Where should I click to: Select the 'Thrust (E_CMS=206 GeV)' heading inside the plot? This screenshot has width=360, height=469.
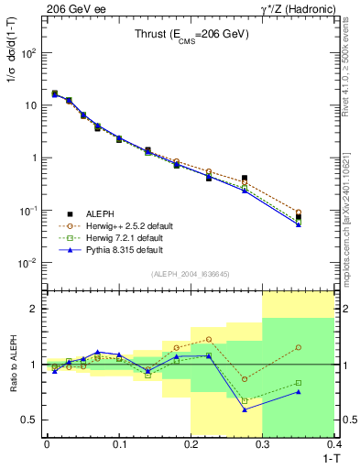pyautogui.click(x=185, y=33)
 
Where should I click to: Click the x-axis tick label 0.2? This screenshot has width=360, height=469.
pyautogui.click(x=191, y=445)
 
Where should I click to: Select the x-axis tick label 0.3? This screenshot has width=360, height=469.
pyautogui.click(x=263, y=445)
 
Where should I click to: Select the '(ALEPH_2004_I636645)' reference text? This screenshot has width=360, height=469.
pyautogui.click(x=190, y=275)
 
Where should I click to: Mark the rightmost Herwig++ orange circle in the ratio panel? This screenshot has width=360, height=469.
pyautogui.click(x=299, y=347)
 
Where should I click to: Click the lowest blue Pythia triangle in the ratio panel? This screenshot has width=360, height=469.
pyautogui.click(x=245, y=409)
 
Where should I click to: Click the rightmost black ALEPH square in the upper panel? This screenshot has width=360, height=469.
pyautogui.click(x=299, y=217)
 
